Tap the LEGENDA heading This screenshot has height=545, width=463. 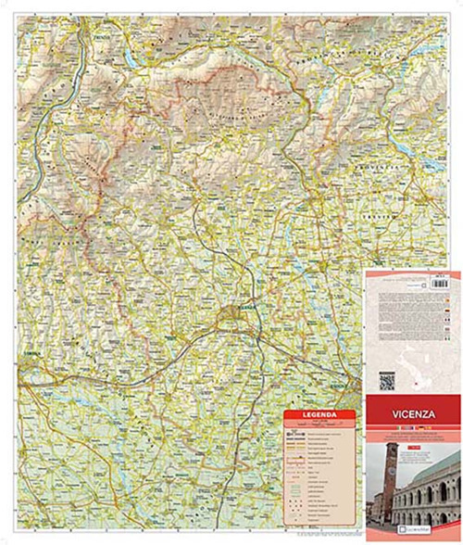click(x=312, y=415)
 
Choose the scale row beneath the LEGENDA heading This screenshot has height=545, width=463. click(x=312, y=425)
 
